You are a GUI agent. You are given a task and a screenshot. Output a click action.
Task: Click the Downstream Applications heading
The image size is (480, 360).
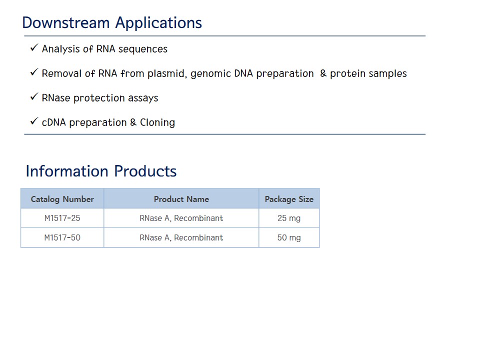point(112,23)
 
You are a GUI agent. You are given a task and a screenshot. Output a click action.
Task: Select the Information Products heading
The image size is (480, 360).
point(101,171)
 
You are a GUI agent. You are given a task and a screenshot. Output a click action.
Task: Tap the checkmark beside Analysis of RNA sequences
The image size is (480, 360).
point(34,48)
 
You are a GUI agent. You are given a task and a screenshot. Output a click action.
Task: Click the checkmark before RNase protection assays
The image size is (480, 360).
point(34,96)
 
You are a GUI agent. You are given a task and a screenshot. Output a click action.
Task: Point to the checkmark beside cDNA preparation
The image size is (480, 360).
point(34,121)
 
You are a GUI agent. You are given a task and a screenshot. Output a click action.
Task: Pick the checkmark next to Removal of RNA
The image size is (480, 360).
point(34,72)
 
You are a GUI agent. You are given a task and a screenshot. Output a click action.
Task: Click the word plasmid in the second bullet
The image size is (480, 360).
point(167,74)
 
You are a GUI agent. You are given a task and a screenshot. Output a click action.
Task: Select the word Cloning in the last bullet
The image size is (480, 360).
point(157,122)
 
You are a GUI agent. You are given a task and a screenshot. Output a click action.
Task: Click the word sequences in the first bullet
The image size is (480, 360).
point(142,49)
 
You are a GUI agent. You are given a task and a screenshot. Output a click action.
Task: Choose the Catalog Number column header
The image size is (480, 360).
point(62,199)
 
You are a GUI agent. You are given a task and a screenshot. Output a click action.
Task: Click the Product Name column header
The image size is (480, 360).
point(181,199)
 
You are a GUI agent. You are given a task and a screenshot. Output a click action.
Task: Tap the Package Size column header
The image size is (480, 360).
point(289,199)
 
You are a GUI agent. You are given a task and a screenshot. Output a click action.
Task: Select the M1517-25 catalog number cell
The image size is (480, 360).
point(62,218)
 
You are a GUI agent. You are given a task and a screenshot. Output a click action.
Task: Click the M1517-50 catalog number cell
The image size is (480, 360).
point(62,237)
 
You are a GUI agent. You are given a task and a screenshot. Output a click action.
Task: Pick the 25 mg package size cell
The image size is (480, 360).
point(289,218)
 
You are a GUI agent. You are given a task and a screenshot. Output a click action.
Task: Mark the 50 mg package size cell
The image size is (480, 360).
point(289,238)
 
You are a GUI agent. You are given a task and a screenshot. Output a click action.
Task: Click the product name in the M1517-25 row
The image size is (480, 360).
point(181,218)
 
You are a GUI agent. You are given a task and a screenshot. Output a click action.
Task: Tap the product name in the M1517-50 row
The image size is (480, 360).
point(181,237)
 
